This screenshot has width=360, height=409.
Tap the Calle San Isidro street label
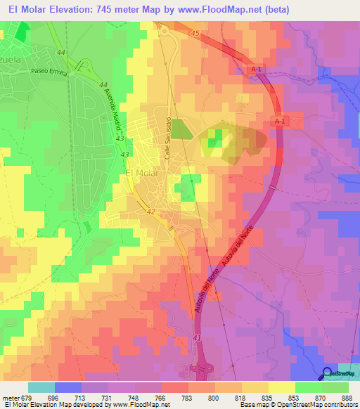(x=169, y=139)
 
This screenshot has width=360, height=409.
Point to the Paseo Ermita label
(x=47, y=71)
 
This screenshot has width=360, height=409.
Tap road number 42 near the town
(x=151, y=210)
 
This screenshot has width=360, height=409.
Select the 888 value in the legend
(x=336, y=397)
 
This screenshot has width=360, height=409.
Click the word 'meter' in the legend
(x=10, y=397)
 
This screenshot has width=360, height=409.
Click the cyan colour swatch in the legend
(x=41, y=387)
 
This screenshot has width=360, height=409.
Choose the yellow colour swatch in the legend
(x=281, y=387)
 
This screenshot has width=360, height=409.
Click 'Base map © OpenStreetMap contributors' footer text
(x=299, y=405)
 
